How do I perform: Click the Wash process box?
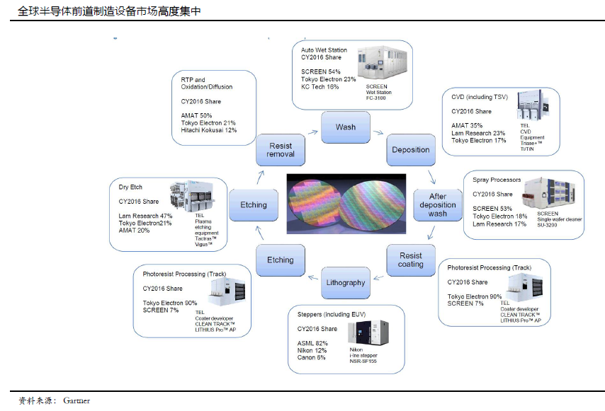(x=345, y=127)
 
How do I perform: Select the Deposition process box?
(x=410, y=149)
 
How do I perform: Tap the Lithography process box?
(x=346, y=282)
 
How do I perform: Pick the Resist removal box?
(x=280, y=150)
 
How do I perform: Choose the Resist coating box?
(x=410, y=260)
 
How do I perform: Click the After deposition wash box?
(x=437, y=204)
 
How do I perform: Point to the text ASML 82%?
(x=312, y=343)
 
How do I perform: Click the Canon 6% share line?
(x=312, y=357)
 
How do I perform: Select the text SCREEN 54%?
(x=321, y=71)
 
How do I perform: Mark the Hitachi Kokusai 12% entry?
(x=208, y=130)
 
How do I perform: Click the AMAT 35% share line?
(x=468, y=125)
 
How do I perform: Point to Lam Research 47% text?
(x=146, y=216)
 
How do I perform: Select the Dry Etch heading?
(x=130, y=187)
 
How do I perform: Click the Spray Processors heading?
(x=497, y=180)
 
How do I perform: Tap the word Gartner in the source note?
(x=77, y=401)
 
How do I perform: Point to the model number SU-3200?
(x=549, y=226)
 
